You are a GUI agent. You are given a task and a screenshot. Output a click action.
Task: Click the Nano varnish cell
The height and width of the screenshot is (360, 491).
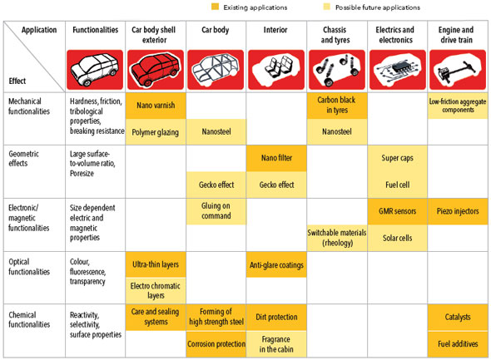click(x=156, y=106)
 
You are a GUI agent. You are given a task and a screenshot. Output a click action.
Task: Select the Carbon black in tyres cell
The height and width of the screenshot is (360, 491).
click(x=337, y=106)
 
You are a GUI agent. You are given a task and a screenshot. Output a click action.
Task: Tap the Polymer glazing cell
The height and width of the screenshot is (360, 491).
click(x=156, y=131)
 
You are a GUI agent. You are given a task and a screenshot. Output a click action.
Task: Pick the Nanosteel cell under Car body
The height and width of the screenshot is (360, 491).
click(x=216, y=131)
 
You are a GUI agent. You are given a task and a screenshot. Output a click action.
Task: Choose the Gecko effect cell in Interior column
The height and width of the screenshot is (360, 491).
click(x=276, y=185)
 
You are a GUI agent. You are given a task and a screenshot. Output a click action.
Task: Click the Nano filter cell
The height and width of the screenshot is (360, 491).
click(x=276, y=158)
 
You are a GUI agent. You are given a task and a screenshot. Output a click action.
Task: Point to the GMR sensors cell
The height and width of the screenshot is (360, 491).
click(x=397, y=211)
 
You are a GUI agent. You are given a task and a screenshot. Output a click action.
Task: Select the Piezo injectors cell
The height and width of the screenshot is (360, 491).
click(x=458, y=211)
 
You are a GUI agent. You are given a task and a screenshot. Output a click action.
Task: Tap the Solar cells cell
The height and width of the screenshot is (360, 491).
click(x=397, y=238)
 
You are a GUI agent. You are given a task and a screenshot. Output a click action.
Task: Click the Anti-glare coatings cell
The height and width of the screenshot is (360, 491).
click(x=276, y=264)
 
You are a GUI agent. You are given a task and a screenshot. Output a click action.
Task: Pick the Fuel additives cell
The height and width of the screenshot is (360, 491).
click(x=458, y=344)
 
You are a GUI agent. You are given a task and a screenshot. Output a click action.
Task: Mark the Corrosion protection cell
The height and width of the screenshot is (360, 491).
click(x=216, y=344)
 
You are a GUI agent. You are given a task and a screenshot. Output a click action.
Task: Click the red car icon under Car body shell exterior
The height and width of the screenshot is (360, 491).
click(x=156, y=70)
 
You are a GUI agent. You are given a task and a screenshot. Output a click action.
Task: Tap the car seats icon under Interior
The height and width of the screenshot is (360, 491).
click(x=276, y=70)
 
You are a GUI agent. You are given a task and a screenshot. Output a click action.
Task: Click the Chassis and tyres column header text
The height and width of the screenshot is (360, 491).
click(x=335, y=35)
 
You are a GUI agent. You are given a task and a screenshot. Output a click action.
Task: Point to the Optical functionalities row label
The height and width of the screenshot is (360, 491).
click(x=29, y=267)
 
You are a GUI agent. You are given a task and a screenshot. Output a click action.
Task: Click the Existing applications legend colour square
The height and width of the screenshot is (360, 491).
click(x=216, y=7)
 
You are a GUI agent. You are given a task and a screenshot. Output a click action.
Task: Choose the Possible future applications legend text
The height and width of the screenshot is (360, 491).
click(x=378, y=7)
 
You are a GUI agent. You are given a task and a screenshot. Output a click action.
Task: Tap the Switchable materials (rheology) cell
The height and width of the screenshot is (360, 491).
click(x=337, y=238)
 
